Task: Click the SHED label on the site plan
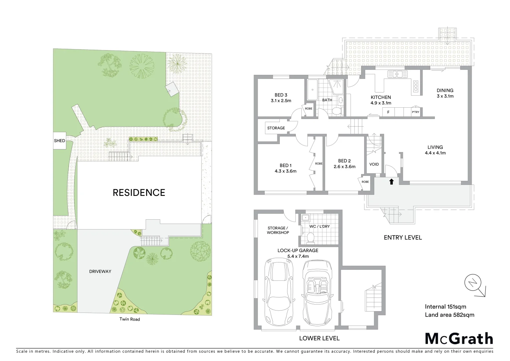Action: pyautogui.click(x=59, y=141)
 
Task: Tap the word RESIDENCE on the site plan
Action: pyautogui.click(x=139, y=193)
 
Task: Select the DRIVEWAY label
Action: pyautogui.click(x=100, y=271)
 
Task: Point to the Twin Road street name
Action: pyautogui.click(x=130, y=319)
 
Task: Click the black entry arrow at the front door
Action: pyautogui.click(x=392, y=182)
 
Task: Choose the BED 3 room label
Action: pyautogui.click(x=281, y=95)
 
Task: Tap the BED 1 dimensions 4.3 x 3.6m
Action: pyautogui.click(x=285, y=171)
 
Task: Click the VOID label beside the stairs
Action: pyautogui.click(x=374, y=164)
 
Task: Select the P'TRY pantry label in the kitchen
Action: pyautogui.click(x=415, y=112)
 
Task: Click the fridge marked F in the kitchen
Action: pyautogui.click(x=388, y=112)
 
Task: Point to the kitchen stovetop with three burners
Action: pyautogui.click(x=416, y=86)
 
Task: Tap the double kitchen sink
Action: pyautogui.click(x=397, y=74)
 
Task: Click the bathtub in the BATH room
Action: pyautogui.click(x=312, y=90)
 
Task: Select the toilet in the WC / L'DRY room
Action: pyautogui.click(x=310, y=238)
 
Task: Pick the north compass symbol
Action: pyautogui.click(x=473, y=283)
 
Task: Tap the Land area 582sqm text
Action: pyautogui.click(x=449, y=315)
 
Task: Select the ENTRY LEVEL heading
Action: pyautogui.click(x=403, y=238)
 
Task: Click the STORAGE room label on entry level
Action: pyautogui.click(x=276, y=128)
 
